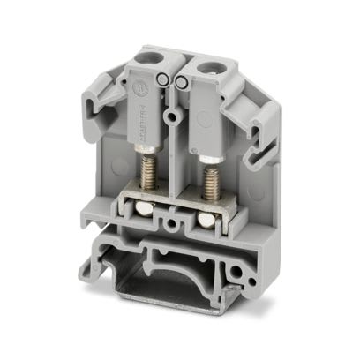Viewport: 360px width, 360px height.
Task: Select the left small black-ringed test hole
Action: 163,82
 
